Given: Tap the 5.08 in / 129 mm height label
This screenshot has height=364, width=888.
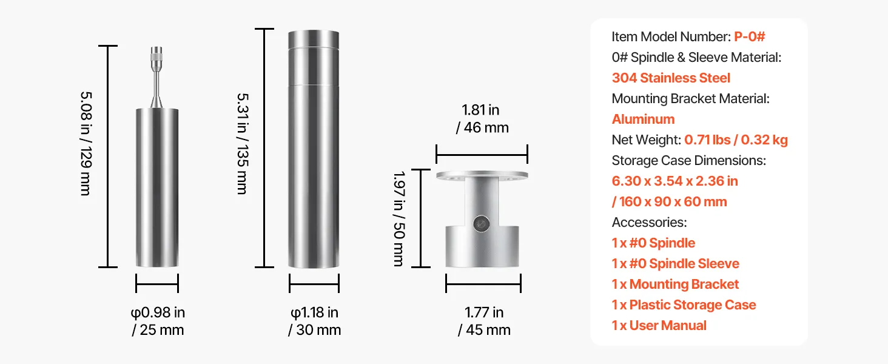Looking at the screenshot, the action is (x=86, y=144).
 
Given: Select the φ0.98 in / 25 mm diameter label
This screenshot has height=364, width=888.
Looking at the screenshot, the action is (x=158, y=321).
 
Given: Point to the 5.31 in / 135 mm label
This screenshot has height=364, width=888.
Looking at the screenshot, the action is (x=243, y=144).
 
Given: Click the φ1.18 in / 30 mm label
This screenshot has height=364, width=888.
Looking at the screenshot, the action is (x=314, y=321).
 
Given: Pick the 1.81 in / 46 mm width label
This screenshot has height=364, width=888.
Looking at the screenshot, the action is (x=482, y=118).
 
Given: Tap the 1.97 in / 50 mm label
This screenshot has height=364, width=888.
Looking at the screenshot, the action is (x=399, y=218).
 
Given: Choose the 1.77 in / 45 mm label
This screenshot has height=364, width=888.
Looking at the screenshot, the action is (x=484, y=321).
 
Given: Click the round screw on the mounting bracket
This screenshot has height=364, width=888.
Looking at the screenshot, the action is (x=481, y=224).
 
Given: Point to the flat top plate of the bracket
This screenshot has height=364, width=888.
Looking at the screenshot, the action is (x=482, y=175).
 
